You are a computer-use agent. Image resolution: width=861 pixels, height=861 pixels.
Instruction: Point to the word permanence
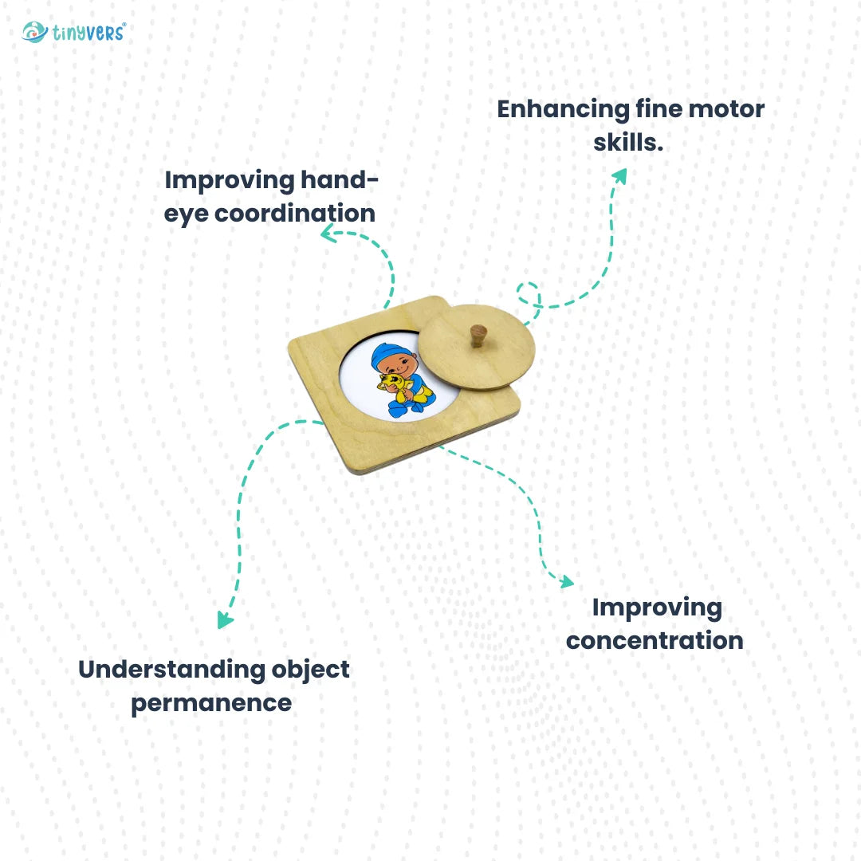(211, 703)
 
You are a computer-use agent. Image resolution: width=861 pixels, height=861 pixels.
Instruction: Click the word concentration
(655, 641)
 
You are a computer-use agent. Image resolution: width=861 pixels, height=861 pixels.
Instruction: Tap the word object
(309, 670)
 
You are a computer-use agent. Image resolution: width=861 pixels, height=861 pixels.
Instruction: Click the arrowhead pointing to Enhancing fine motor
(619, 175)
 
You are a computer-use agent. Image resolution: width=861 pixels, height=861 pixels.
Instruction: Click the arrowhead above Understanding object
(225, 620)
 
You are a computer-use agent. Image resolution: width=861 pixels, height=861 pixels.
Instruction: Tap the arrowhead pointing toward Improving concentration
(566, 582)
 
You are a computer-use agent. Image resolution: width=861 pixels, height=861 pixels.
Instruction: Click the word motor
(725, 109)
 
